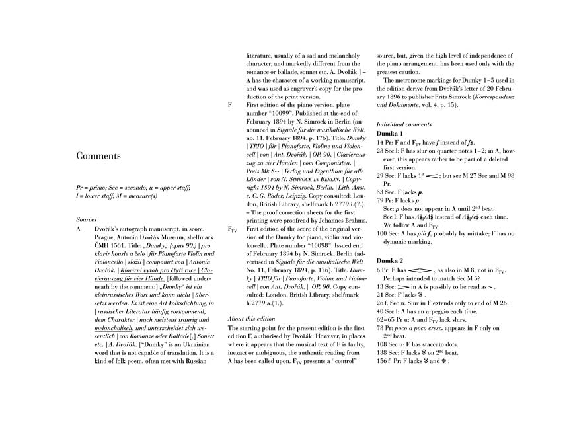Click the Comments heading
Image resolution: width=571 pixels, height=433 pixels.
[98, 157]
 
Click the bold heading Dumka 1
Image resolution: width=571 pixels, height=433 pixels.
[391, 134]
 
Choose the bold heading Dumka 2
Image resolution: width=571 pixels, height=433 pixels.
[391, 262]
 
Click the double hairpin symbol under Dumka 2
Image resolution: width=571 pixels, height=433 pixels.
[418, 271]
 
